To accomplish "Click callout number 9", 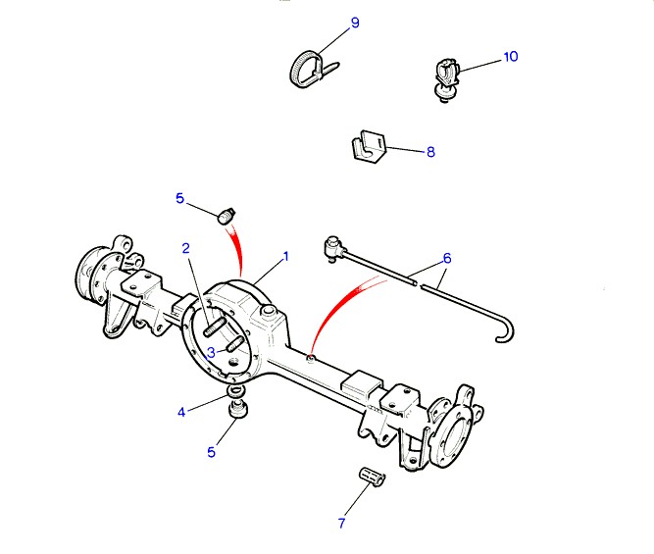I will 355,22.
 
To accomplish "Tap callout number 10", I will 510,57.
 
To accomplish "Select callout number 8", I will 429,152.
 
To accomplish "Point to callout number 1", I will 286,257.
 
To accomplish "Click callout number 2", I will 186,248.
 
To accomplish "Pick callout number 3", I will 211,352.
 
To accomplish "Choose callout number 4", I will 181,412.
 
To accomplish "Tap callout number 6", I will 447,259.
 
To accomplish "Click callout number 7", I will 342,524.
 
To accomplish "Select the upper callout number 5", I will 179,198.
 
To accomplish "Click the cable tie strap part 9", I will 307,69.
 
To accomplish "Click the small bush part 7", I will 373,478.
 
